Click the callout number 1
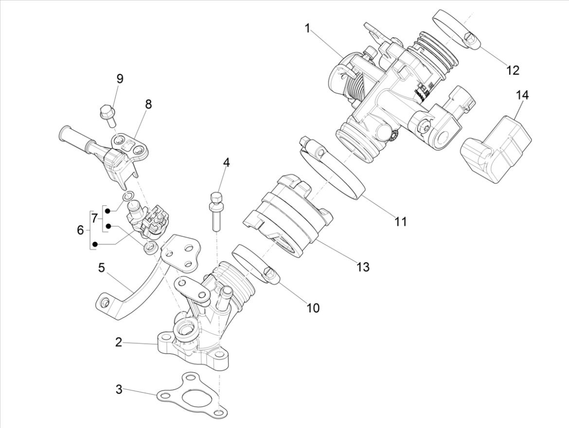(x=307, y=28)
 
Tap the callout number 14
(x=522, y=95)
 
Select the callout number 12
(x=513, y=70)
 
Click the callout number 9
(x=120, y=79)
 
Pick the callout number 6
(x=80, y=230)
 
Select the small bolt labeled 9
(x=107, y=113)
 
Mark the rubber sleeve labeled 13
(x=287, y=214)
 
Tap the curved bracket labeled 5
(x=131, y=296)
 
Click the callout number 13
(x=363, y=267)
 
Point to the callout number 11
(x=400, y=222)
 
